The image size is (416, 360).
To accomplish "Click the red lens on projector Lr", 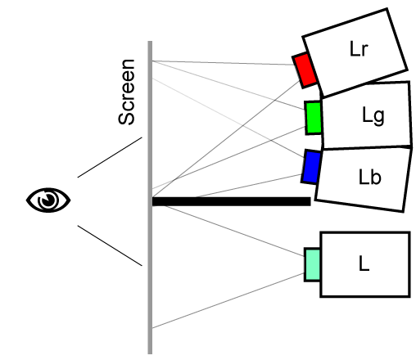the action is click(305, 70).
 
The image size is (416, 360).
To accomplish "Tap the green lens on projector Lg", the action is click(314, 118).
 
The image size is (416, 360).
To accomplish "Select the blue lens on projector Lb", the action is click(311, 167).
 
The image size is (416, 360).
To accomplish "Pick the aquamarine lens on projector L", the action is click(312, 264).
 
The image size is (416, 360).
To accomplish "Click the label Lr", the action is click(359, 49).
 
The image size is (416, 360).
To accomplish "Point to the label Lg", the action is click(373, 116).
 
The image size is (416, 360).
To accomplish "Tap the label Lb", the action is click(369, 177).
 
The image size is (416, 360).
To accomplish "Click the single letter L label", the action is click(364, 263).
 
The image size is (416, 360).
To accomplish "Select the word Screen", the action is click(126, 92).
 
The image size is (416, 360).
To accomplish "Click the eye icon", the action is click(48, 200).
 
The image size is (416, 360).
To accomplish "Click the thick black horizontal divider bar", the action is click(232, 201).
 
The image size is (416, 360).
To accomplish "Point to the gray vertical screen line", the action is click(150, 197).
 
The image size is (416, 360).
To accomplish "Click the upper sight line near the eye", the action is click(110, 157).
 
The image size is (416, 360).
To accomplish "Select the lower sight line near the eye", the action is click(110, 245).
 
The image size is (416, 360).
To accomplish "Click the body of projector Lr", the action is click(355, 52).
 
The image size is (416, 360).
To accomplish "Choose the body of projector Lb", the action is click(363, 179).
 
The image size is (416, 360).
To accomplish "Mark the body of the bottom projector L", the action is click(365, 264).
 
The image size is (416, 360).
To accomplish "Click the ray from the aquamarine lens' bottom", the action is click(228, 300).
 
